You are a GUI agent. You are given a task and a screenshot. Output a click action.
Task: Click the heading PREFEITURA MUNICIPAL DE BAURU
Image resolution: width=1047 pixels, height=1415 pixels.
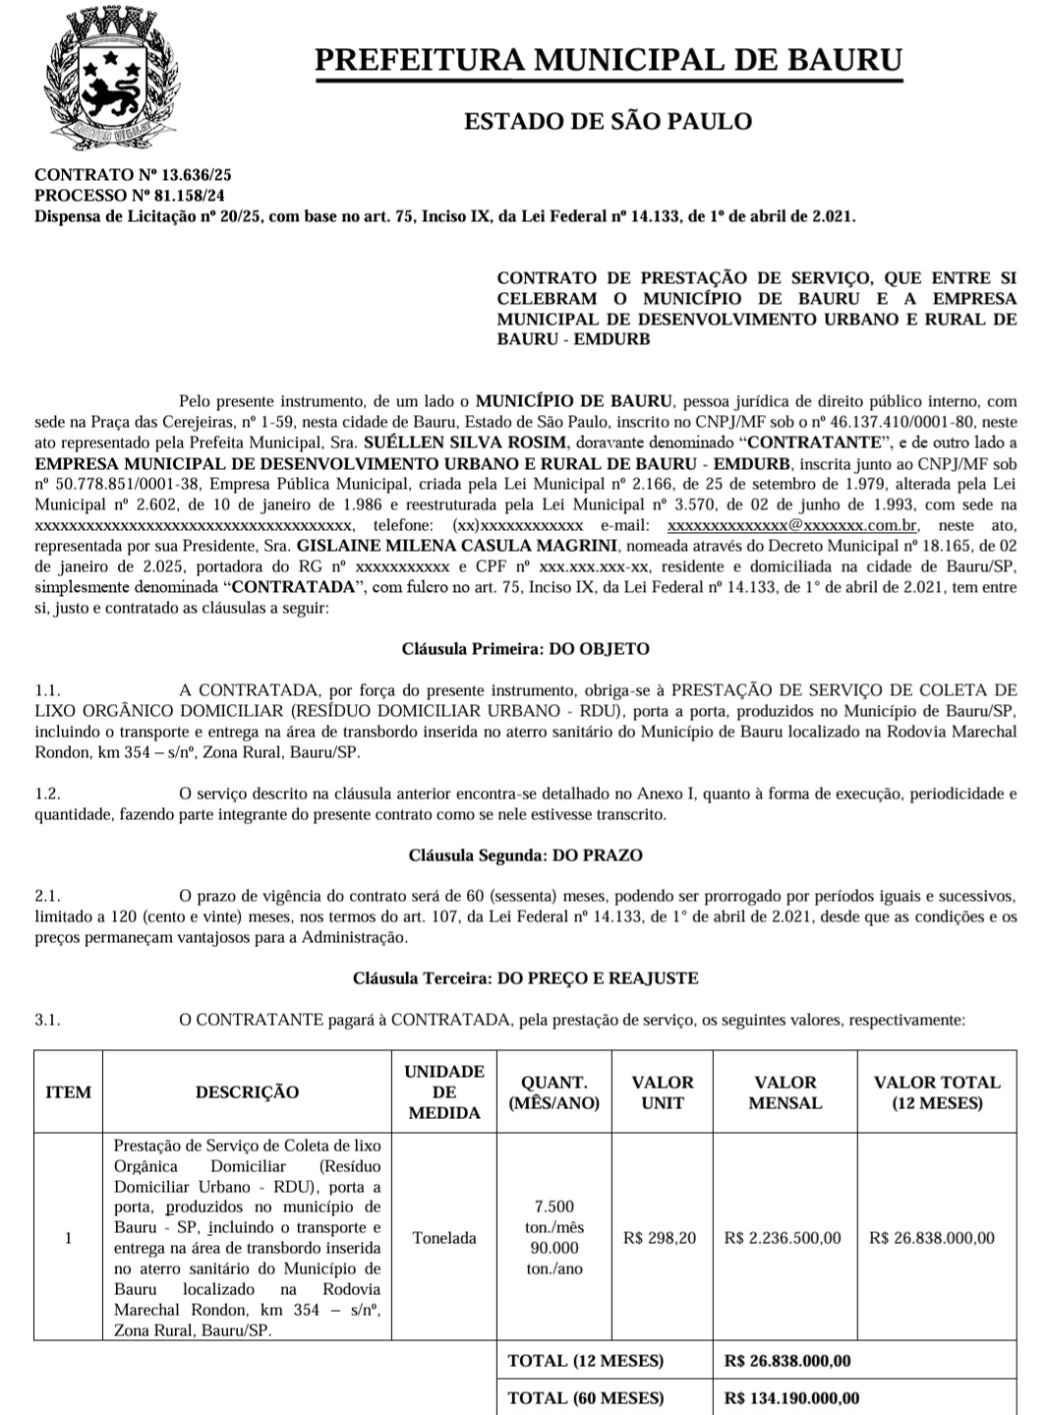coord(608,59)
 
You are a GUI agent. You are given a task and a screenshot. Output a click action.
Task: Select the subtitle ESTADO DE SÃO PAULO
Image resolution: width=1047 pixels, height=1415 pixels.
coord(608,121)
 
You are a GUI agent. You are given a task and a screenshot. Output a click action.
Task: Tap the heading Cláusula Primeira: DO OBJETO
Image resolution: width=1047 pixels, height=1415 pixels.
coord(525,649)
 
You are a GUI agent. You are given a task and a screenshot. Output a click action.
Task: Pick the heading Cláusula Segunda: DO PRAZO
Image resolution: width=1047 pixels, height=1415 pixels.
coord(525,855)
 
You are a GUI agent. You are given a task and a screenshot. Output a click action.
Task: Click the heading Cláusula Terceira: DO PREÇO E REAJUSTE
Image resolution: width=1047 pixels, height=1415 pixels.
coord(525,978)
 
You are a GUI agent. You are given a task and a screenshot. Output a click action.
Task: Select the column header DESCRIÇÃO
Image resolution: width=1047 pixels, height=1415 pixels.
coord(247,1092)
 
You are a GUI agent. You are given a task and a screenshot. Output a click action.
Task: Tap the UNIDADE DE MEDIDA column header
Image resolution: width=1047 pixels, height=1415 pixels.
coord(444,1092)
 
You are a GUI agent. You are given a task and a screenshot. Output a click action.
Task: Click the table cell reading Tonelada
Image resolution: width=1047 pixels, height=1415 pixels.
coord(444,1238)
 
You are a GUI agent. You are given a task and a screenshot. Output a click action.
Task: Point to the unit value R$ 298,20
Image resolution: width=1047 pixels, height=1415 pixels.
coord(660,1238)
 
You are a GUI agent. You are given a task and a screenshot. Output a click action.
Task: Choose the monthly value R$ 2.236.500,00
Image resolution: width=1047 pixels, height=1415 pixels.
coord(783,1238)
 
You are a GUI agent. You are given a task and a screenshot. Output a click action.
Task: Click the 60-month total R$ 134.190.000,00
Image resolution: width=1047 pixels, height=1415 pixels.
coord(791,1398)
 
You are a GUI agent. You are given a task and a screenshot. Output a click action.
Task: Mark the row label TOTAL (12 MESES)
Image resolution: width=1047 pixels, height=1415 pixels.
coord(586,1361)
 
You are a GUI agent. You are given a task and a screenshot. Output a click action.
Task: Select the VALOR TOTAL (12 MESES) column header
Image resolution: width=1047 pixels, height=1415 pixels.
coord(936,1092)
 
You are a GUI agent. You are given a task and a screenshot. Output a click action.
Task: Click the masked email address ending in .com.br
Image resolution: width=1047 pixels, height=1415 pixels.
coord(792,525)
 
